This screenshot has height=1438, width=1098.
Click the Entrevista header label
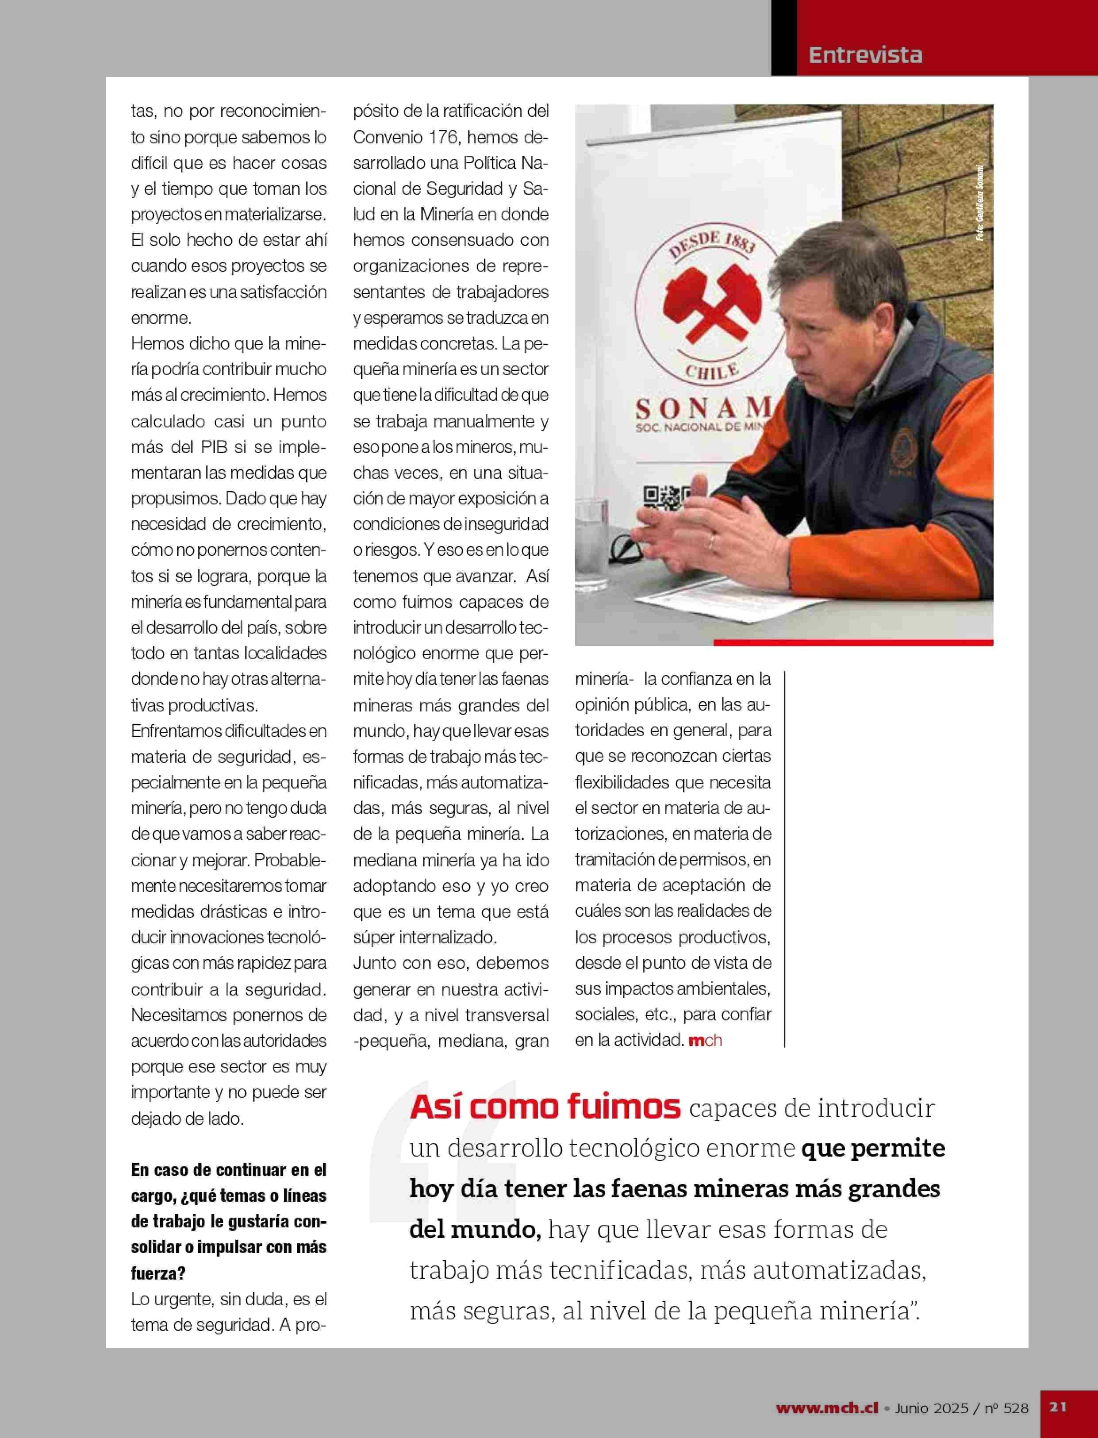coord(865,55)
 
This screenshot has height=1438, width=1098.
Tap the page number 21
coord(1058,1407)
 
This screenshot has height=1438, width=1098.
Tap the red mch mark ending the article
coord(705,1040)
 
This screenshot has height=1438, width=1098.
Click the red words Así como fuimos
coord(545,1107)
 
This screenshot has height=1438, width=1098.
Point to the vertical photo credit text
coord(980,203)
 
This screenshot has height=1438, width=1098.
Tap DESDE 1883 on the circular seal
coord(712,244)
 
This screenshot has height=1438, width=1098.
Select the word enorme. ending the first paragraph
coord(161,318)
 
